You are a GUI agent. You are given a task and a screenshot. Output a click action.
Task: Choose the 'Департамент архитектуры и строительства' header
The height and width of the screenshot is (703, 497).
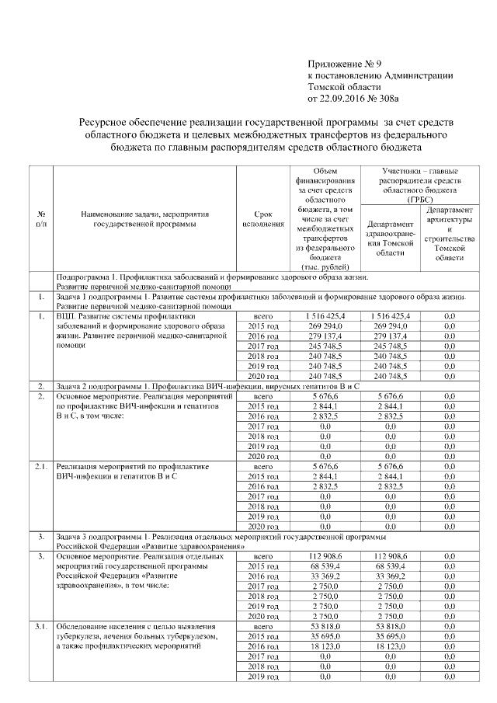(x=449, y=233)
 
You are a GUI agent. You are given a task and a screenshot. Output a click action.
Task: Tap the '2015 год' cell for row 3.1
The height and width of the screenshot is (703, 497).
(x=262, y=635)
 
